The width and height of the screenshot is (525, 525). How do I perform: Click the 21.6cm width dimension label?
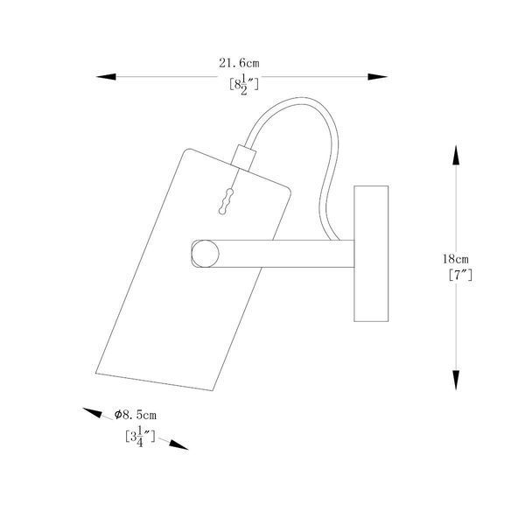239,63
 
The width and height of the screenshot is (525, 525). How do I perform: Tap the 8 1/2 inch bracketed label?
244,85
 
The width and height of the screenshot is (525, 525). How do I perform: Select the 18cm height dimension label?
455,259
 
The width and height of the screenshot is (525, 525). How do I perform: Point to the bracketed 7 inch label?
460,276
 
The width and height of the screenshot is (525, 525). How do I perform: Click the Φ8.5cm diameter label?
136,415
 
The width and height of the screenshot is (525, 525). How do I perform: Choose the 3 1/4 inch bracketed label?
140,437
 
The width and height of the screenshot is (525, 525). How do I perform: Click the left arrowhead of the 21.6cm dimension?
106,77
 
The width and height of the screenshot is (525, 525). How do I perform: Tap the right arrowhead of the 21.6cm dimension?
378,77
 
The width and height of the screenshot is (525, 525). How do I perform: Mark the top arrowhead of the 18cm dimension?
456,155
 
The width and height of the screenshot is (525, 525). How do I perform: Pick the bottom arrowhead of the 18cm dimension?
456,380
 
